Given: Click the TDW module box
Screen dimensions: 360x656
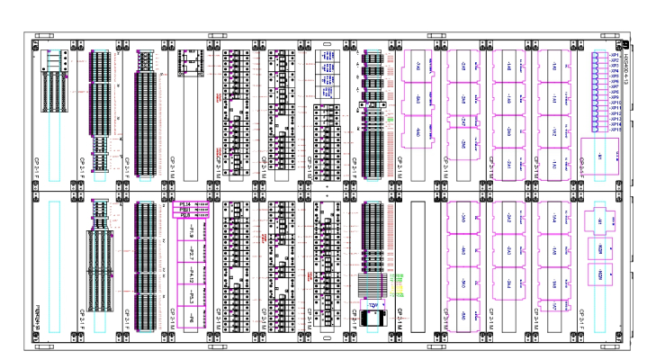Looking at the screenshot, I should pyautogui.click(x=373, y=305).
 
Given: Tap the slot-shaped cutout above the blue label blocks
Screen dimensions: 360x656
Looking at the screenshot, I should pyautogui.click(x=328, y=41).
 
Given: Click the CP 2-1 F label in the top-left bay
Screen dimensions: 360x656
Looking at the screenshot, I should pyautogui.click(x=39, y=166).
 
